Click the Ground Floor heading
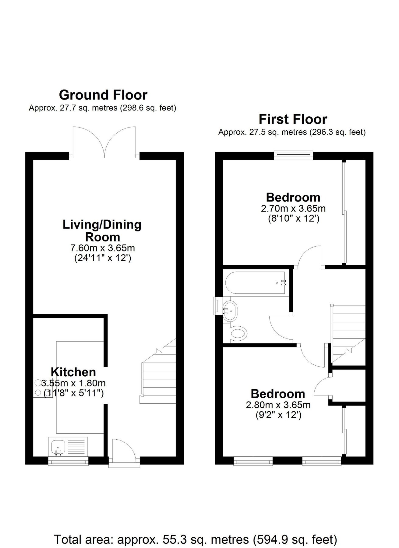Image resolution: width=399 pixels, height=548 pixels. pos(103,95)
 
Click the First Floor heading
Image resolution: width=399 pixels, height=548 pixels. pos(293,119)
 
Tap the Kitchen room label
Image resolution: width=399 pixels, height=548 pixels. pos(73,372)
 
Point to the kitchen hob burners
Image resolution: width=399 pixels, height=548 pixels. pos(39,388)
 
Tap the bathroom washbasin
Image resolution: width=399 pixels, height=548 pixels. pos(230,311)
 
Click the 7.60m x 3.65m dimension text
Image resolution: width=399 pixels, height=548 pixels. pos(103,248)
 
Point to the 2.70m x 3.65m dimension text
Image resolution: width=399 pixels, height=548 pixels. pos(293,209)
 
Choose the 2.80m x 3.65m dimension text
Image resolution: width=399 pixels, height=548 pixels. pos(278,405)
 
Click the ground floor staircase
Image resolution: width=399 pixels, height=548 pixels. pos(158,378)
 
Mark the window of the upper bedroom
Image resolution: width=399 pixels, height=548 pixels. pos(294,155)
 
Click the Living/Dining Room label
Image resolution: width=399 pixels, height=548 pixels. pos(102,231)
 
